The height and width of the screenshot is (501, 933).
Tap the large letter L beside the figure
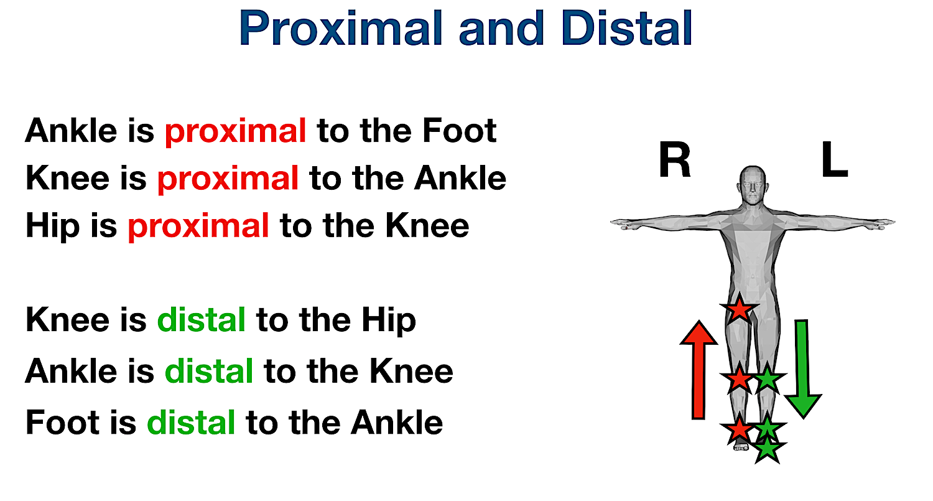click(x=834, y=163)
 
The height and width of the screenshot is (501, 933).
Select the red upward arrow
click(x=699, y=370)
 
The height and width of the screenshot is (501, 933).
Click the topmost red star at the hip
click(x=739, y=308)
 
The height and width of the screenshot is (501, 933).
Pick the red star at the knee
click(x=739, y=378)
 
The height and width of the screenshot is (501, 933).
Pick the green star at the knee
click(x=768, y=378)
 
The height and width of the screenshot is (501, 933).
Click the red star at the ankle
click(x=739, y=429)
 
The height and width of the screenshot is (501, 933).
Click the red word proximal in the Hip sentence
click(x=198, y=226)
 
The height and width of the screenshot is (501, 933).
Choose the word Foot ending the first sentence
click(x=460, y=131)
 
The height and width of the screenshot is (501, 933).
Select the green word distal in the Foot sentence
click(x=191, y=423)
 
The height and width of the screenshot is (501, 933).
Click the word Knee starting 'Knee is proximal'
click(x=65, y=179)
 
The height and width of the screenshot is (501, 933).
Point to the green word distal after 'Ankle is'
click(x=208, y=372)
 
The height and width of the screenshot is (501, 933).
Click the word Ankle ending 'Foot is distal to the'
click(x=397, y=423)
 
